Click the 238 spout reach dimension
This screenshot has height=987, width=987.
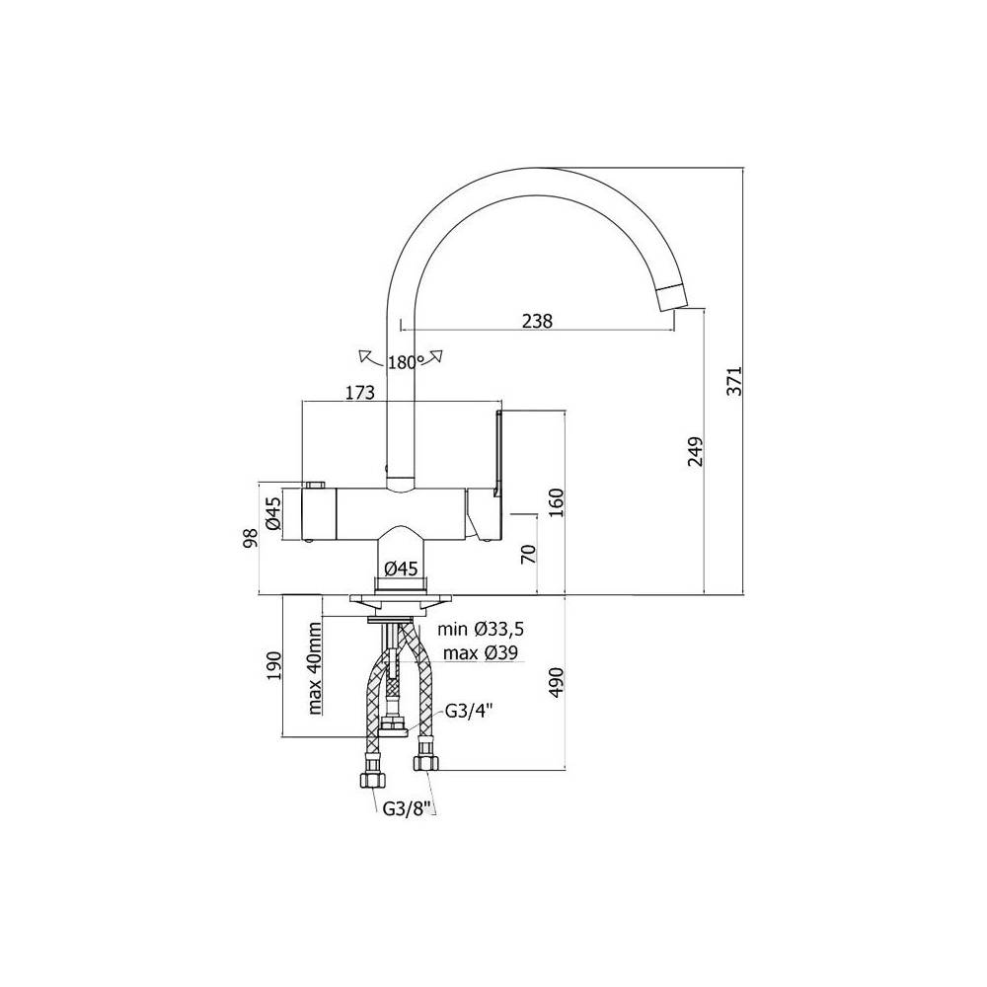[x=537, y=321]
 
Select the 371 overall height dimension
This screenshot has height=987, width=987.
[x=734, y=381]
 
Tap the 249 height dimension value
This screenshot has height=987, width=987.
[x=695, y=451]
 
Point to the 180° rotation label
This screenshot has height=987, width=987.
[x=406, y=362]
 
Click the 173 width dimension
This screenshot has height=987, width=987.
[x=359, y=392]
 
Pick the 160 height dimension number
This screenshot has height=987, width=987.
[x=557, y=501]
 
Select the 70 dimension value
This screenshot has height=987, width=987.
[x=528, y=553]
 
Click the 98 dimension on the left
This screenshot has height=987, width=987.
[x=251, y=538]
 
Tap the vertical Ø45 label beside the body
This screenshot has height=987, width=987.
[x=272, y=513]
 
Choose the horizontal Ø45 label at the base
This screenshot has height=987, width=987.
[x=401, y=569]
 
